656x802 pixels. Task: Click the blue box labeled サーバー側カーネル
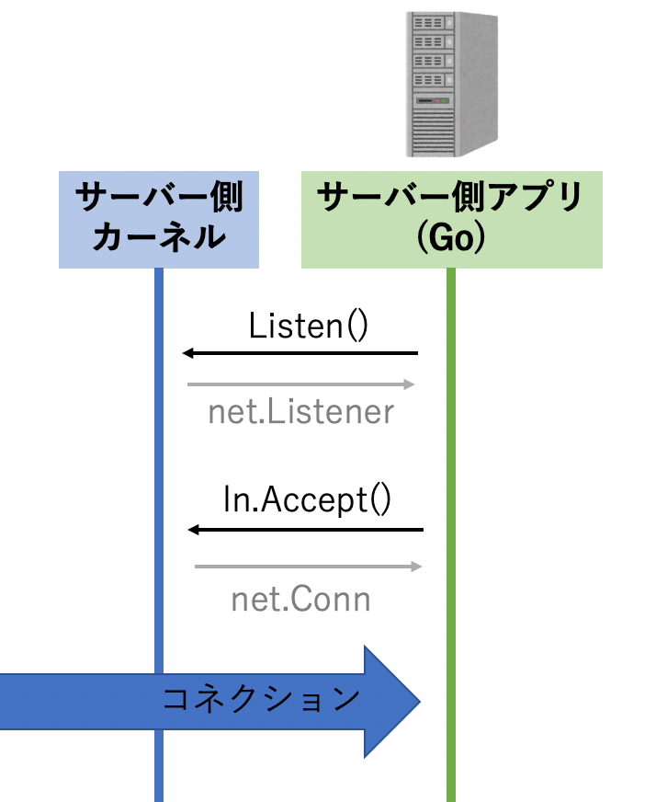158,219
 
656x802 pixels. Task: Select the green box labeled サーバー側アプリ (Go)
451,219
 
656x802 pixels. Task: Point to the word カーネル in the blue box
159,238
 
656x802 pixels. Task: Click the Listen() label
308,326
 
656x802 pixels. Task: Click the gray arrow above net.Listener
301,384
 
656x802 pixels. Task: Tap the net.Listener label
300,412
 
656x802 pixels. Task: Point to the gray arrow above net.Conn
308,567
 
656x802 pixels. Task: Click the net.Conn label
300,601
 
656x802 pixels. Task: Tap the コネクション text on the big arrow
261,700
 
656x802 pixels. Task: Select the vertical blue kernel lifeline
159,460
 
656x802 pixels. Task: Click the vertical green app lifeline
450,460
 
